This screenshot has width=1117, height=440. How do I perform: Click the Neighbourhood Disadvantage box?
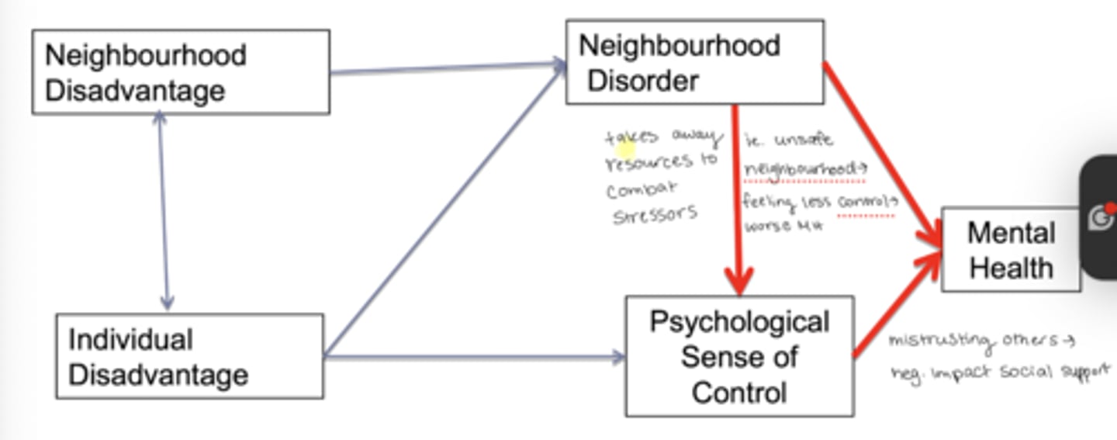(x=181, y=72)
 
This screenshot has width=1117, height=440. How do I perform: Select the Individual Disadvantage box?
(x=189, y=356)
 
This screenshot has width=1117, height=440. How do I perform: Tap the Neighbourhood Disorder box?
(x=694, y=62)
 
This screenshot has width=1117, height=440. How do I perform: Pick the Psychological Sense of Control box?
(x=739, y=356)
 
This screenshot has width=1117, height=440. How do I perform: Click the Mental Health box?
(x=1011, y=250)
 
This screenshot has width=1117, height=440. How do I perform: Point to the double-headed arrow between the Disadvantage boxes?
(x=163, y=210)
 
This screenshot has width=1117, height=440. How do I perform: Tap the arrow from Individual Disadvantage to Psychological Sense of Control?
(x=473, y=357)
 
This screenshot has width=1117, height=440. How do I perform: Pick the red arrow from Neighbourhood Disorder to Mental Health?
(x=881, y=147)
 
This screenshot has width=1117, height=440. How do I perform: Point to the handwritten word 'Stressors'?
(x=655, y=214)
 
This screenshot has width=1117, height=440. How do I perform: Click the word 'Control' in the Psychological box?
(x=739, y=392)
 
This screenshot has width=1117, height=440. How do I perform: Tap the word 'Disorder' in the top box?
(x=643, y=81)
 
